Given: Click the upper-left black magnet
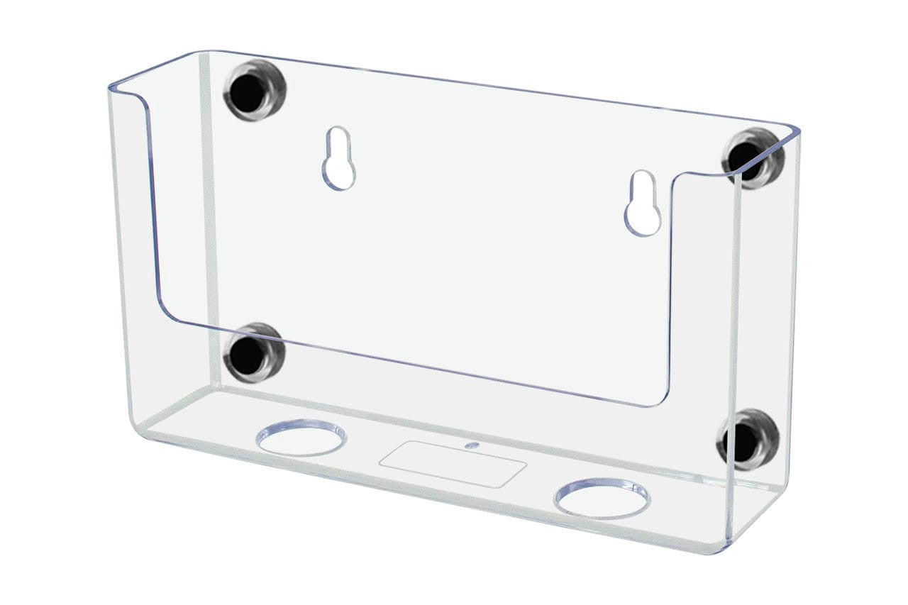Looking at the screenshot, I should point(248,90).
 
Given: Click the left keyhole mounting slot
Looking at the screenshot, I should point(339,159).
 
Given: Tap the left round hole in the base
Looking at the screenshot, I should point(302,437).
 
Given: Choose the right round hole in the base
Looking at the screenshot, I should point(602,498).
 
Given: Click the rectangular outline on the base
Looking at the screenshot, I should point(453,464).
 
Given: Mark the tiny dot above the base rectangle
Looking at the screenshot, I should point(469,446).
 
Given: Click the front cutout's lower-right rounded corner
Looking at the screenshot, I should point(660,397).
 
